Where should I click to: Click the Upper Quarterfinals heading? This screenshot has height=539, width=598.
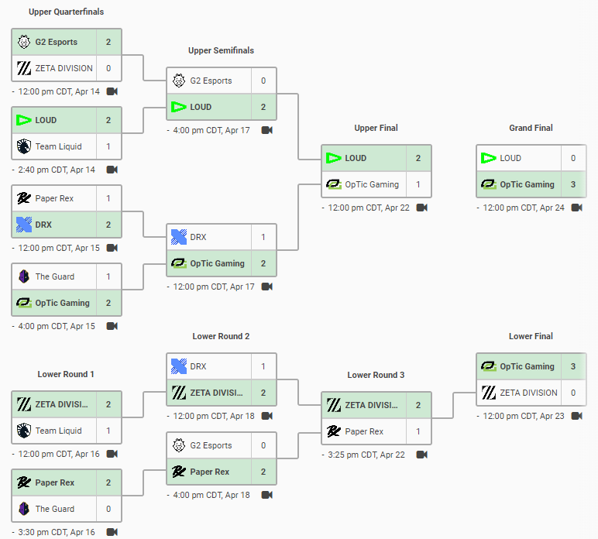point(66,12)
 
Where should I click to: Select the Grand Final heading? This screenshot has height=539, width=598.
point(531,128)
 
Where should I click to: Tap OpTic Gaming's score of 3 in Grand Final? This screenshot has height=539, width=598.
point(573,184)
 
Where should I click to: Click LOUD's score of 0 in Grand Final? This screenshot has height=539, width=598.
point(573,158)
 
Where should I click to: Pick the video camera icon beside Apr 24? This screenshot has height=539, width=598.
point(577,208)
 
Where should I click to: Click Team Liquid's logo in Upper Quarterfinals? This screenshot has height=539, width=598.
point(23,146)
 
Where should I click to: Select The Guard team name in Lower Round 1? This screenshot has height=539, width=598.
point(55,509)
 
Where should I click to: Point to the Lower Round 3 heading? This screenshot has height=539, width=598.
point(376,375)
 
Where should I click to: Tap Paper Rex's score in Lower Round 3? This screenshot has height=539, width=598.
point(418,431)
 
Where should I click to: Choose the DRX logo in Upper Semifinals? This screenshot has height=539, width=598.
point(178,237)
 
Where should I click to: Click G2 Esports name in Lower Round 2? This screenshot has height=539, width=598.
point(211,445)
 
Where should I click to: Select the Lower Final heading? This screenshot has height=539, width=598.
point(531,336)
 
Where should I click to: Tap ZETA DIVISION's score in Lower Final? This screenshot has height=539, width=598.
point(573,393)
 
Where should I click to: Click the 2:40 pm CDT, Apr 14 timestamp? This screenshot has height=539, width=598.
point(57,170)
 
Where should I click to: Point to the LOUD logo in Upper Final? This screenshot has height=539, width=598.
point(333,158)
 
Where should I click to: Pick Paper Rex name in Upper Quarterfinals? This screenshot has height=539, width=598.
point(54,198)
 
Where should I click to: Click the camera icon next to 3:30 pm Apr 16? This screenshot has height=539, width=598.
point(112,532)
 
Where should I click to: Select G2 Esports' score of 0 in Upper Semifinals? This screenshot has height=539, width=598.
point(263,81)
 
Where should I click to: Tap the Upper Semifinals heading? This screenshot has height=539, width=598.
point(221,50)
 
